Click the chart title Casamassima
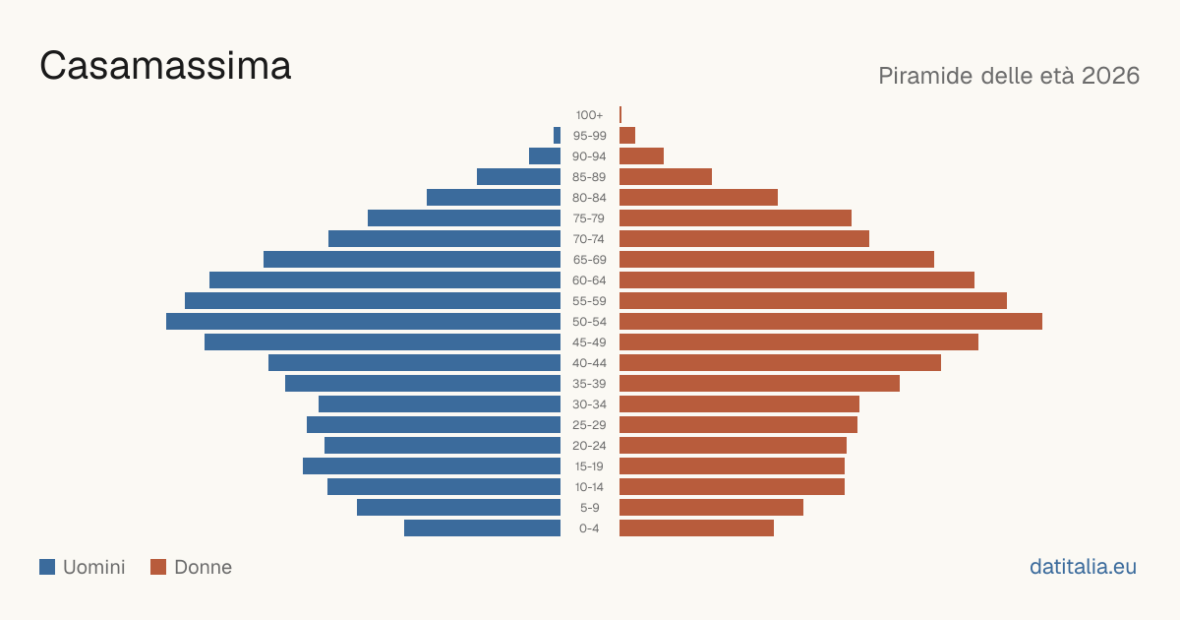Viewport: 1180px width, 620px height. point(165,66)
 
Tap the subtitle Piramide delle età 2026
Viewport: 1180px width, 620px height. point(1009,76)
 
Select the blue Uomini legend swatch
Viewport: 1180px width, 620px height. point(47,567)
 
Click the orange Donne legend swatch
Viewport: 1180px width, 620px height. point(158,567)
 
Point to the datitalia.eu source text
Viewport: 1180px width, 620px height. point(1083,567)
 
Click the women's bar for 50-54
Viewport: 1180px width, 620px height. point(831,322)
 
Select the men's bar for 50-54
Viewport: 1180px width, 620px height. point(364,322)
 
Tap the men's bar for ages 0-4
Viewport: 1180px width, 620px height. point(483,528)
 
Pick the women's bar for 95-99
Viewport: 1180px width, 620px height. point(627,136)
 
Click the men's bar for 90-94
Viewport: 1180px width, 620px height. point(545,156)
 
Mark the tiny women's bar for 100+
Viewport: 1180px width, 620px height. point(620,115)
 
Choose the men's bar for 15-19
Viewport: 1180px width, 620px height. point(432,466)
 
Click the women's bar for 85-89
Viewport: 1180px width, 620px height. point(666,176)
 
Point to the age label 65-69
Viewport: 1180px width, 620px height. point(589,260)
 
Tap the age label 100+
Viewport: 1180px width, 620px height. point(589,115)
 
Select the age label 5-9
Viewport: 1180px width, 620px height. point(589,508)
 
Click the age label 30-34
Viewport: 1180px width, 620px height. point(589,404)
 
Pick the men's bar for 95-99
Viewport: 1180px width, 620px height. point(557,136)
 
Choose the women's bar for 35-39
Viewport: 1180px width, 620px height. point(759,383)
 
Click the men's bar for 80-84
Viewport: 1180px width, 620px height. point(494,198)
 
